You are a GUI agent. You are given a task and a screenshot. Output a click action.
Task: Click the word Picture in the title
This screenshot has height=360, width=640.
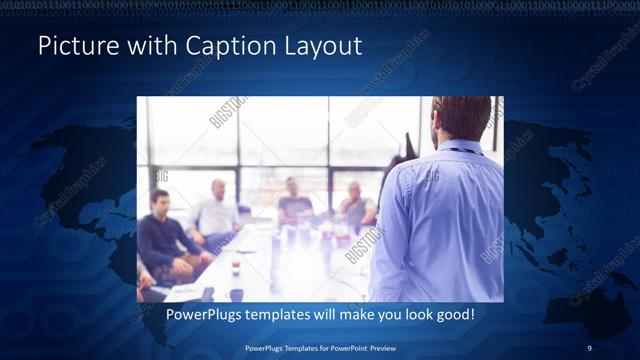click(71, 47)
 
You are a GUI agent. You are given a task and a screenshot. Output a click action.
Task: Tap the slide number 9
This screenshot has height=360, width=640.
click(589, 347)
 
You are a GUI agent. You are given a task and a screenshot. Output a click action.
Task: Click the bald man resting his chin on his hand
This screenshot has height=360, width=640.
click(355, 205)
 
